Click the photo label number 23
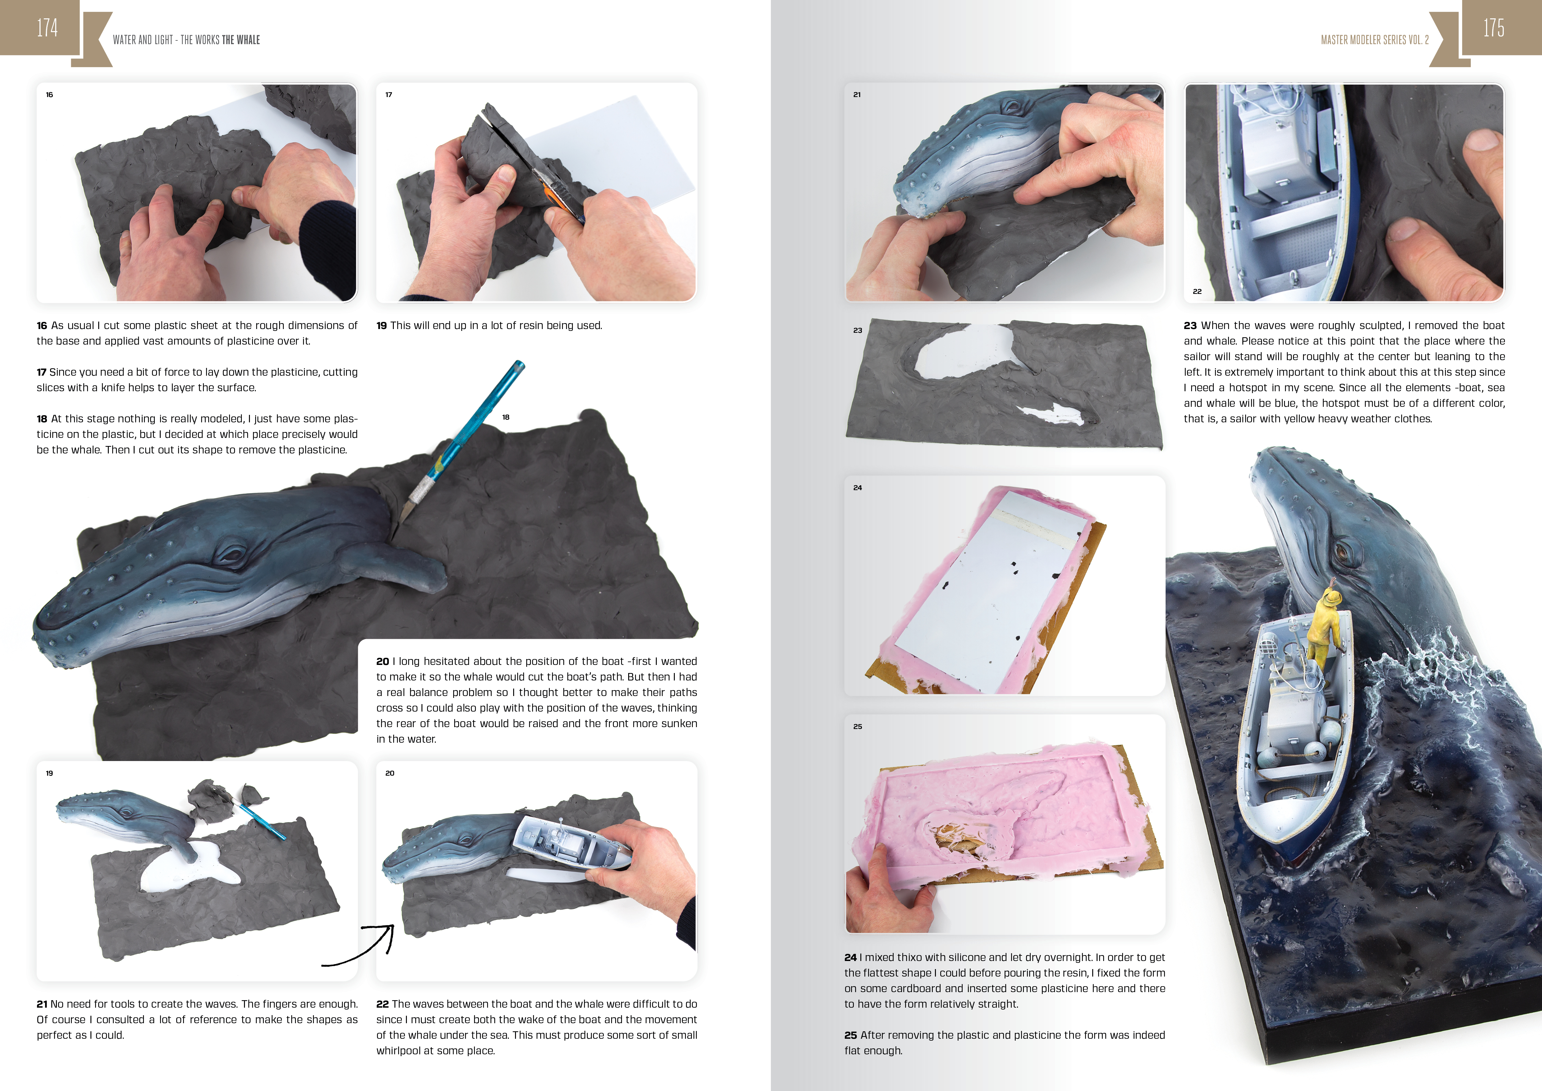coord(858,331)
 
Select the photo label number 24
coord(858,488)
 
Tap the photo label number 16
coord(49,95)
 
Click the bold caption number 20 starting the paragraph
coord(382,661)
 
